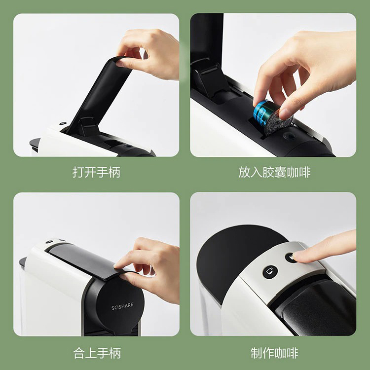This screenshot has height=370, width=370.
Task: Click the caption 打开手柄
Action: (96, 172)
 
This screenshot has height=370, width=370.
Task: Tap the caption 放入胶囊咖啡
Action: (274, 172)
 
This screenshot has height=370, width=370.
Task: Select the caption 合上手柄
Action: (97, 353)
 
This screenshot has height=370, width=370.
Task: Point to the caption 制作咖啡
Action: (274, 353)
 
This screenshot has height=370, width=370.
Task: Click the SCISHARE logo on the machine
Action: (122, 306)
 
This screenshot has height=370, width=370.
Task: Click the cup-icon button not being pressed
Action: (270, 271)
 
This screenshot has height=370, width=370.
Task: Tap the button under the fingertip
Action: (291, 258)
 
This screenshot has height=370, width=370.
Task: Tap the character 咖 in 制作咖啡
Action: (280, 353)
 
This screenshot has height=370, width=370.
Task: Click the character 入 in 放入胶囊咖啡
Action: (257, 172)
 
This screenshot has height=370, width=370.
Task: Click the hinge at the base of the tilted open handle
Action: (88, 126)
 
